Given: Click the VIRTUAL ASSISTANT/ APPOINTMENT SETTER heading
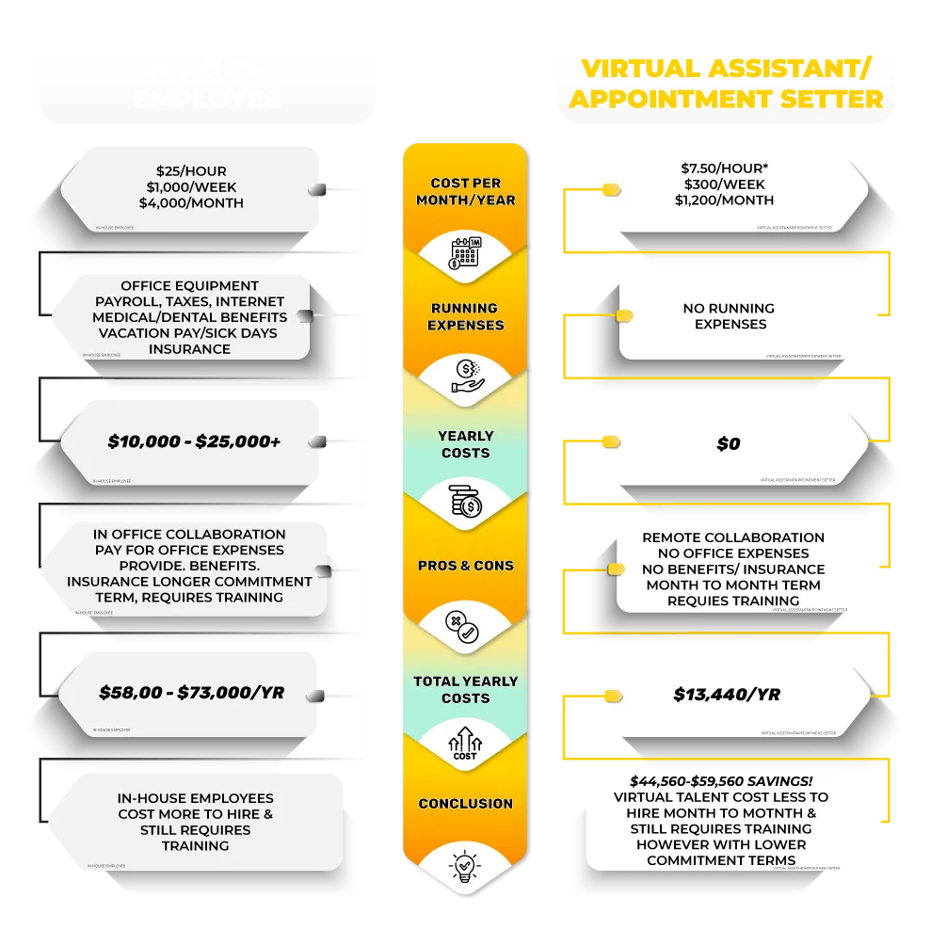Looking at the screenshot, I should (726, 84).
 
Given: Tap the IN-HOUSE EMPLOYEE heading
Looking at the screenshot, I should (208, 84).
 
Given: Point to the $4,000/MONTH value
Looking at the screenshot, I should (191, 202).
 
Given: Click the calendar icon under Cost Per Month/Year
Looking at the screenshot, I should (465, 254).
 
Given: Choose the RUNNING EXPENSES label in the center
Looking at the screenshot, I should (465, 316).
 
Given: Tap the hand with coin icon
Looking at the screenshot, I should (465, 375).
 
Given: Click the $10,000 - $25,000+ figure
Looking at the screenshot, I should (194, 441).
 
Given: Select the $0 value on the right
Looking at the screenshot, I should (728, 443).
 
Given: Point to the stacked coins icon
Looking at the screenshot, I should (465, 502).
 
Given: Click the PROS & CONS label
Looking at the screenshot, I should (465, 566).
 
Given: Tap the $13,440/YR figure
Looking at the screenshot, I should (727, 695).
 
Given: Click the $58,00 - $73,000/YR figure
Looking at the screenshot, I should (191, 693).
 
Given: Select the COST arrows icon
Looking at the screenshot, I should (465, 744).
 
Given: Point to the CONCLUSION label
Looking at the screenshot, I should (465, 804).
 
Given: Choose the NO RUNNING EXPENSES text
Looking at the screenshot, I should (730, 316).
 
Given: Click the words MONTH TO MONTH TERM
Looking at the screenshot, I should (732, 585).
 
